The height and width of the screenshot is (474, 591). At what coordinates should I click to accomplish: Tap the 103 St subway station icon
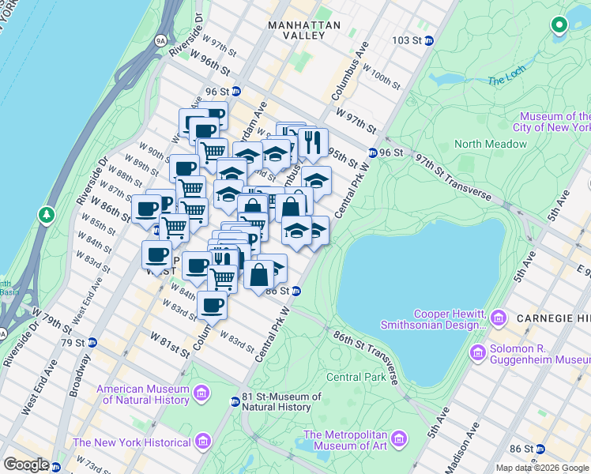click(x=428, y=40)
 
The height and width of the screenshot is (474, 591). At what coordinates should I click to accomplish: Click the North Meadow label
click(x=490, y=144)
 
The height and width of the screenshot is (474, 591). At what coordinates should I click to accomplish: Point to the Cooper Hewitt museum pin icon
click(x=499, y=318)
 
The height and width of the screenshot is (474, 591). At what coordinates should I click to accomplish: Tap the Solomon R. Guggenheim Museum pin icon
click(x=478, y=352)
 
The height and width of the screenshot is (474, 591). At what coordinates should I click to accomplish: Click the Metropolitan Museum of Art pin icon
click(x=398, y=439)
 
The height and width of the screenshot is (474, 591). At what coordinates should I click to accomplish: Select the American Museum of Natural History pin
click(x=201, y=393)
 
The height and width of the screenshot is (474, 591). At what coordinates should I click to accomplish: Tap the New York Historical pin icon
click(x=202, y=441)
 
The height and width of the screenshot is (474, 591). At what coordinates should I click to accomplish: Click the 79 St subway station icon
click(x=92, y=343)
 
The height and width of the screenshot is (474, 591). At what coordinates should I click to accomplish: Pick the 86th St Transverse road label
click(x=363, y=357)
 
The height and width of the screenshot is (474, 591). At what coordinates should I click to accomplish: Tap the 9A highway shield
click(x=160, y=39)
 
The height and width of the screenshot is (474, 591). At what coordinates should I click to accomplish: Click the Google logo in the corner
click(x=26, y=465)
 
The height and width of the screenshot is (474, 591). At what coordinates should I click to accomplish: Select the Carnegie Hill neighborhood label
click(x=553, y=318)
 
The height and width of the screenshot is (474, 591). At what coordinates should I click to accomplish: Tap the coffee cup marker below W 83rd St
click(x=212, y=304)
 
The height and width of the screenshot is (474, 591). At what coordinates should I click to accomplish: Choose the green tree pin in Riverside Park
click(x=47, y=214)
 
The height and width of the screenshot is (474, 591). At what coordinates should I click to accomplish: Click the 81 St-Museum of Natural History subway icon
click(x=235, y=401)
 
